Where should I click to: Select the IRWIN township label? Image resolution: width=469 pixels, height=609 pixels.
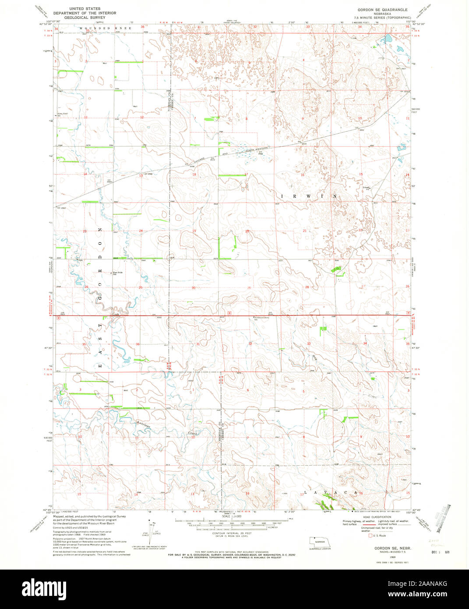(308, 196)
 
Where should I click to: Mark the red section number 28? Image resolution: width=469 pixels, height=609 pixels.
(307, 287)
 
